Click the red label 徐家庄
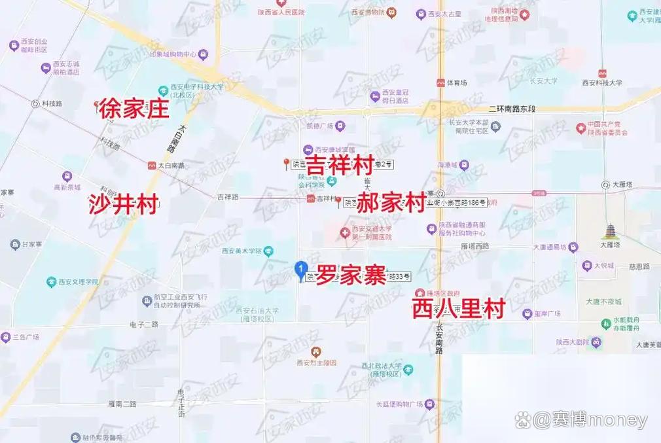click(x=134, y=109)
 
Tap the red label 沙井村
click(x=124, y=205)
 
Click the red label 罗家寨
click(x=351, y=276)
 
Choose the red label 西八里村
click(x=459, y=309)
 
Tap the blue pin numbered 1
click(x=300, y=268)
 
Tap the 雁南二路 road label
click(x=121, y=404)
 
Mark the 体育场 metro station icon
click(x=440, y=83)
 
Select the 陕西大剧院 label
click(x=569, y=342)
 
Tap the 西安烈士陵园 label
click(x=316, y=363)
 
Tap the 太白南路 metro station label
click(x=171, y=166)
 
